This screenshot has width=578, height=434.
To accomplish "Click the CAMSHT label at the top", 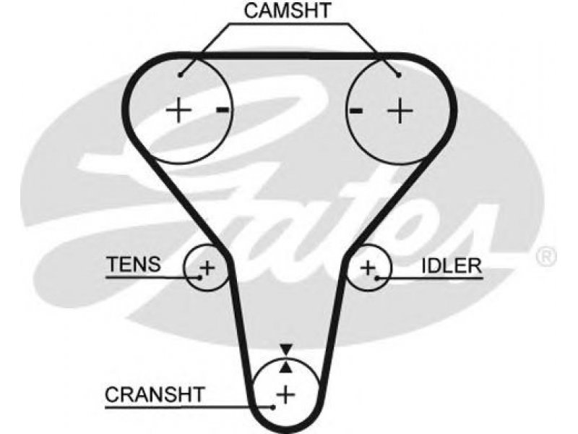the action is point(288,10).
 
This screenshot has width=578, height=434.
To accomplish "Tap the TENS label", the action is point(134,264).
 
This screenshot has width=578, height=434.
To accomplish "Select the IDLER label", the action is point(452,265).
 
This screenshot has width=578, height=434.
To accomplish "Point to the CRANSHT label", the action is point(155,394).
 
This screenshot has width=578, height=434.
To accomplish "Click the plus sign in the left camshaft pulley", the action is point(178,110).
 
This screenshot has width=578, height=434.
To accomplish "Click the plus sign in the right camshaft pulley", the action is point(400,110).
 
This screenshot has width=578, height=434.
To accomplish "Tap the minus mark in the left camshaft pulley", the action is point(223,110).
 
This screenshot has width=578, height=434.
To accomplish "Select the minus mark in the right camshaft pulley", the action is point(355,110).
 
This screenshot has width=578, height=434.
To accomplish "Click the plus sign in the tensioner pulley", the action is point(207,268).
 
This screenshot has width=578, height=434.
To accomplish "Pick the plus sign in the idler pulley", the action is point(368,268).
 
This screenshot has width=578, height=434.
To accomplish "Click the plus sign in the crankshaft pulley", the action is point(286,394).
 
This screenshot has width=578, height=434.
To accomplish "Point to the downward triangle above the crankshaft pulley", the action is point(286,349).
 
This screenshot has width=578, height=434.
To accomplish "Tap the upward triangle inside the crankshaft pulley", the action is point(286,367).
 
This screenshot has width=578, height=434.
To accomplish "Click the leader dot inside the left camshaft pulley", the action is point(180,75).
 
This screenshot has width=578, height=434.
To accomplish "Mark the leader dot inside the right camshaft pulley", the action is point(399,75).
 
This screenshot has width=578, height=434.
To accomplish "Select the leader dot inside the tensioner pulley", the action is point(200,277).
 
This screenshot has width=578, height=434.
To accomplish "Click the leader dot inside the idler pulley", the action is point(376,278).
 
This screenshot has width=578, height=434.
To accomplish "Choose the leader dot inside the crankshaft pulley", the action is point(273,407).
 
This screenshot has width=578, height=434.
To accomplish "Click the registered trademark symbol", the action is point(545,257).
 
